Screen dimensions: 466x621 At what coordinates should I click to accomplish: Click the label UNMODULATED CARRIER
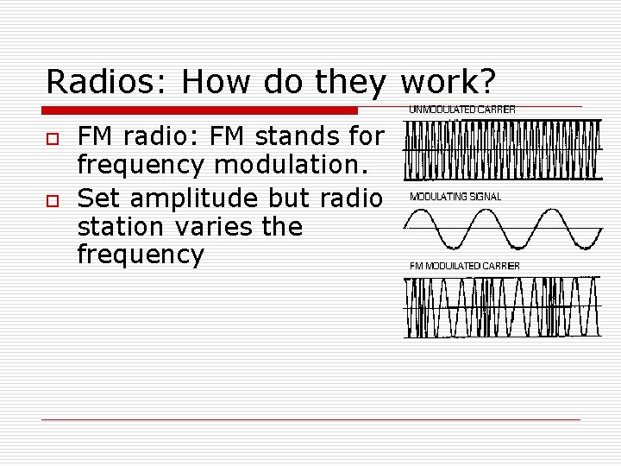coord(461,110)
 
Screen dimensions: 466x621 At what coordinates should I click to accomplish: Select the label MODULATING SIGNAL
coord(455,197)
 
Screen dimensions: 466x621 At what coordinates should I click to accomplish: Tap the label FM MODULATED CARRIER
coord(464,266)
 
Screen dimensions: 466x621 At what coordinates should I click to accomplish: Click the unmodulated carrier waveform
coord(503,149)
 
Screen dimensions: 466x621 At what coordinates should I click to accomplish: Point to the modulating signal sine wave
coord(503,228)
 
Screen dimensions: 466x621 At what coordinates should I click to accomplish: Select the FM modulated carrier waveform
coord(503,306)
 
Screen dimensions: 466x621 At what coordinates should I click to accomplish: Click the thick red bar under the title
coord(200,110)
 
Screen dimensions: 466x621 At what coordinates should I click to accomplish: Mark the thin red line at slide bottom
coord(311,419)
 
